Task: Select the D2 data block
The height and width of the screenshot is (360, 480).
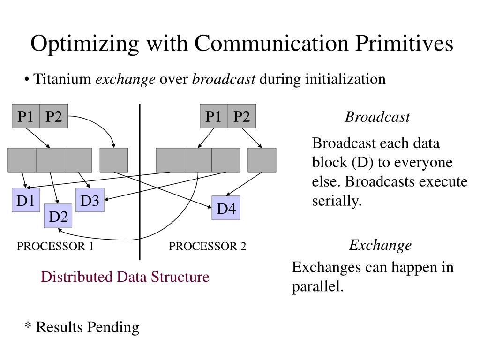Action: point(58,217)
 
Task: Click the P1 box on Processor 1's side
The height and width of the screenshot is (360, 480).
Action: point(26,116)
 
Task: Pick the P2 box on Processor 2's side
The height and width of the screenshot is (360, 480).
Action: point(242,116)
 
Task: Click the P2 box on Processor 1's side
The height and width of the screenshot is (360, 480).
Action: point(54,116)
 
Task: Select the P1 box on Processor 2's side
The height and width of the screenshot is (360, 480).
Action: point(214,116)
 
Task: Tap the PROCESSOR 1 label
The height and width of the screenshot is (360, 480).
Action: point(55,247)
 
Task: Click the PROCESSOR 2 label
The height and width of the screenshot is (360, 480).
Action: point(207,247)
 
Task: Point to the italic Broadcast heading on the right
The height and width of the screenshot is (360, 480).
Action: point(377,117)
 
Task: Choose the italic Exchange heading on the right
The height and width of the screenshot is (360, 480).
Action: point(380,245)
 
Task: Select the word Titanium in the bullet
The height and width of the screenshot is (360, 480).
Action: point(63,79)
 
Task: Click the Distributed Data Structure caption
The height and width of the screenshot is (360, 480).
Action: point(125,277)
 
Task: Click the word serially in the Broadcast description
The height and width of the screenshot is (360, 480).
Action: point(337,201)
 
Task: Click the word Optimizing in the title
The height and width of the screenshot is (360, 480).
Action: point(84,44)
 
